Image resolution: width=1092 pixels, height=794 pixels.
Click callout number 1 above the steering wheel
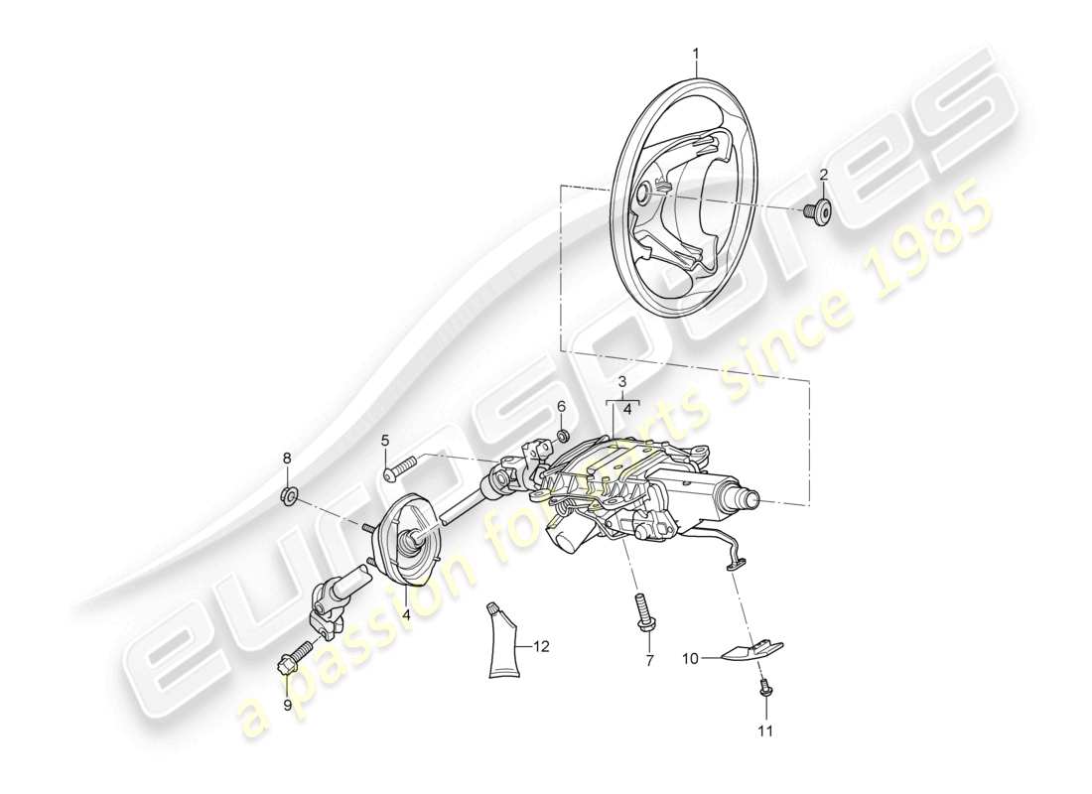click(696, 52)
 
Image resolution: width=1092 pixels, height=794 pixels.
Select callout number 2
click(823, 176)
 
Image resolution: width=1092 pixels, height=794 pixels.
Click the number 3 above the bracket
click(621, 381)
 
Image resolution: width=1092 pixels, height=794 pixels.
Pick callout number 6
click(560, 406)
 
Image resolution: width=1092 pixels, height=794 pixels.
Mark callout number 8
click(288, 459)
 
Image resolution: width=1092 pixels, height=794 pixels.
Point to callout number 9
click(288, 706)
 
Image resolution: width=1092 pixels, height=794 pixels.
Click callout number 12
click(540, 646)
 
